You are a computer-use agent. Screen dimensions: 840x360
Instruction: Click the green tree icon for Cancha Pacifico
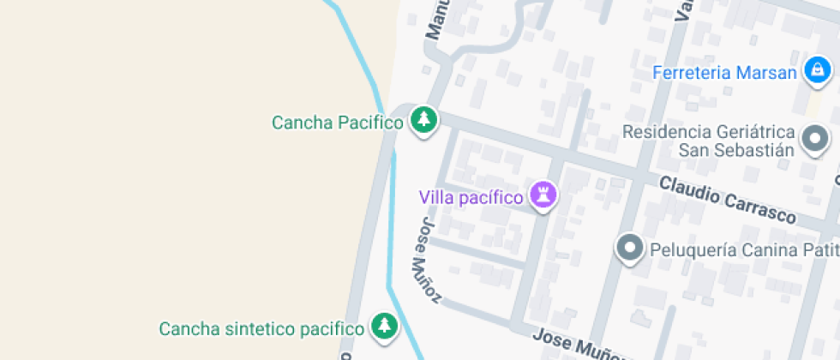(423, 120)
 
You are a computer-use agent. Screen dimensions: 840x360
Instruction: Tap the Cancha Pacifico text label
(337, 123)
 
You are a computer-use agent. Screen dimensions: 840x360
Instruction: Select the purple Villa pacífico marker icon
(542, 195)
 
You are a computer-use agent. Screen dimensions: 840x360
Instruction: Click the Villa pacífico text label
(471, 197)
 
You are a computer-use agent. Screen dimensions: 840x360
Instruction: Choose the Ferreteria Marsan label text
(724, 73)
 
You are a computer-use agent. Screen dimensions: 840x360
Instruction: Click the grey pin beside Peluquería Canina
(631, 249)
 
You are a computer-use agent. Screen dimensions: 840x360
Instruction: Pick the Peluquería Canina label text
(729, 250)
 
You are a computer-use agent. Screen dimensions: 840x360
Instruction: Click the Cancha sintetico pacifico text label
(261, 328)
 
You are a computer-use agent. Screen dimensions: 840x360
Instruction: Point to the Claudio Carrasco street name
(728, 199)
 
